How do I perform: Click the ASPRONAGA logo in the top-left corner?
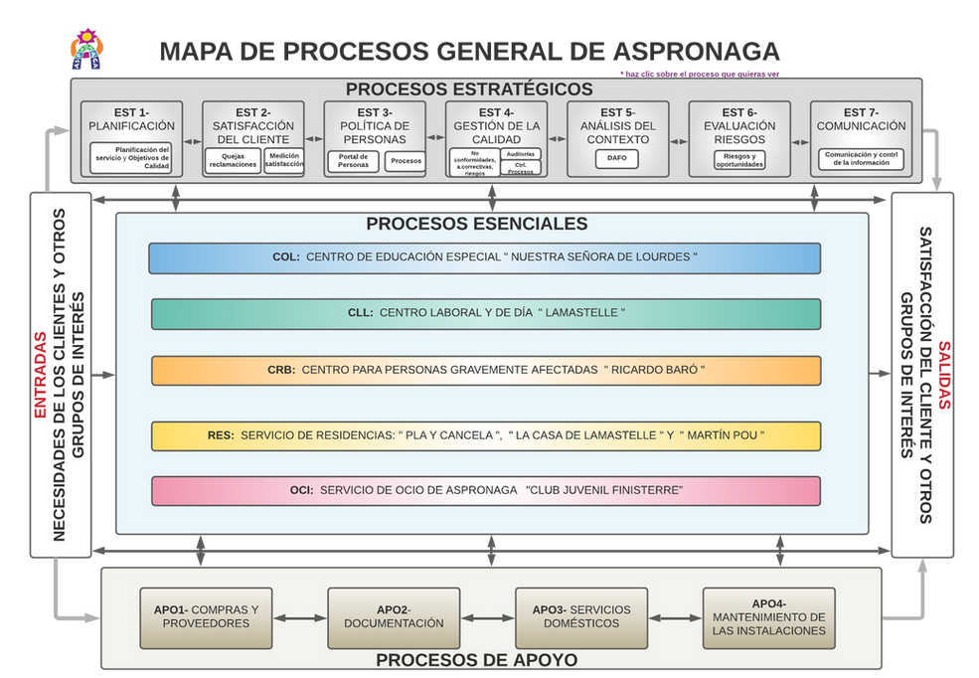[86, 48]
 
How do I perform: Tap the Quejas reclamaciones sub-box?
[234, 161]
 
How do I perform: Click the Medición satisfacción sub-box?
[284, 161]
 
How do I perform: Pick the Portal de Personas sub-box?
[353, 161]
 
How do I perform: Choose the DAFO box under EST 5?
[616, 157]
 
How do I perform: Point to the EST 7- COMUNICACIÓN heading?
[861, 119]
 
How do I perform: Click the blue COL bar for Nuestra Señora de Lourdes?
[484, 257]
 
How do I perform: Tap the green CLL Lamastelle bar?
[486, 313]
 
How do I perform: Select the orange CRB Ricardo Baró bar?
[486, 370]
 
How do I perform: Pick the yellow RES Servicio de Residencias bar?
[486, 435]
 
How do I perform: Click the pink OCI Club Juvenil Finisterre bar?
[486, 490]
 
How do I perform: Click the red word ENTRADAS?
[41, 374]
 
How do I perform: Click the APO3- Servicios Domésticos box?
[580, 616]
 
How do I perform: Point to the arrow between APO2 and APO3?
[487, 617]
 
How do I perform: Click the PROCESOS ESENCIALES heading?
[476, 225]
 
